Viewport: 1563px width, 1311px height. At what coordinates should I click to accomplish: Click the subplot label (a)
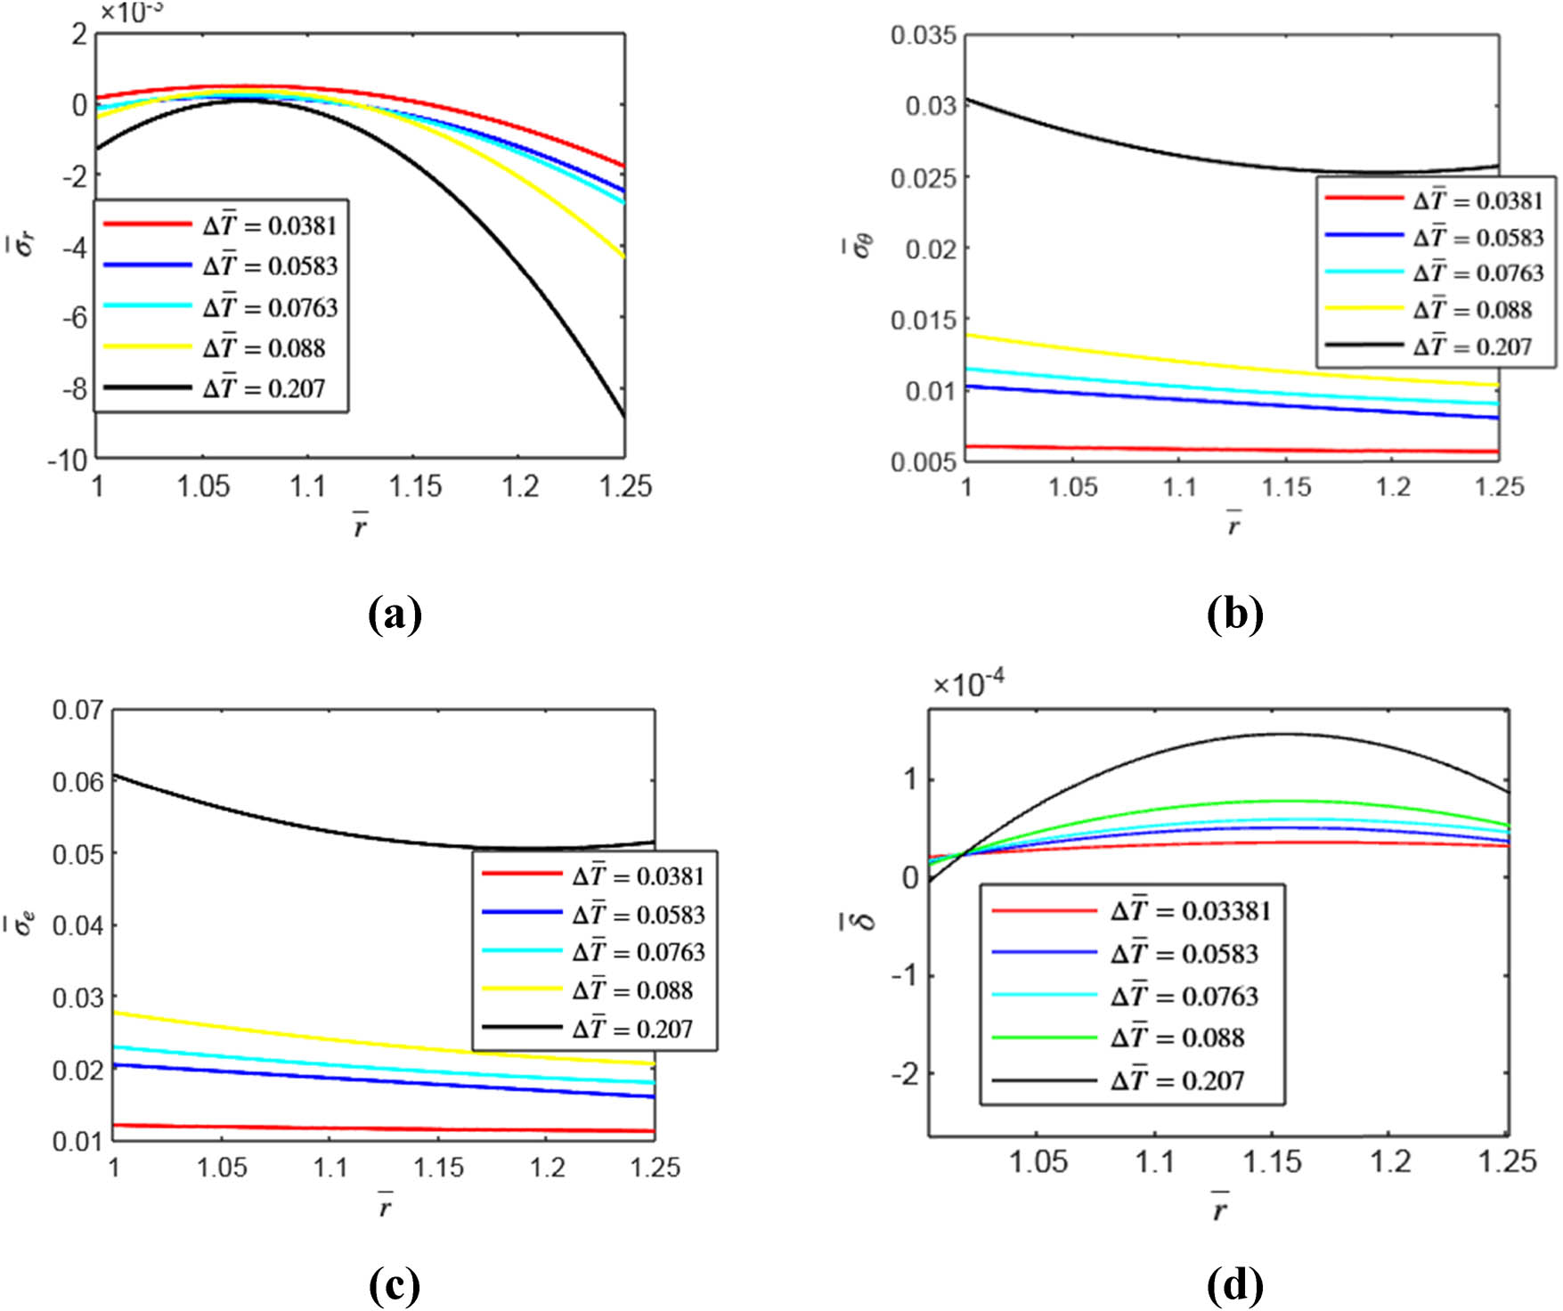click(x=394, y=615)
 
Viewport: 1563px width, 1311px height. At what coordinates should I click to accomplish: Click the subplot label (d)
click(x=1234, y=1284)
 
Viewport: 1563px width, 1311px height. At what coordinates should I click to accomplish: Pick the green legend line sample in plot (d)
click(x=1044, y=1038)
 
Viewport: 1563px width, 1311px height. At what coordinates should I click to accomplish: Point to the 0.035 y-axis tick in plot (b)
click(x=924, y=36)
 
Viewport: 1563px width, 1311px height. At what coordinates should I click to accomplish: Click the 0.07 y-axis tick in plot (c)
click(x=77, y=710)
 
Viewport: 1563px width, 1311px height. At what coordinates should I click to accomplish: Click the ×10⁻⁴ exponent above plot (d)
click(x=968, y=684)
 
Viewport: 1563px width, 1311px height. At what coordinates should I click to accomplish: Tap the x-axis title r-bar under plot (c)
click(x=384, y=1205)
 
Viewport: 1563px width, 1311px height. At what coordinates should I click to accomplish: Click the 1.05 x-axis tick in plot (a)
click(x=203, y=486)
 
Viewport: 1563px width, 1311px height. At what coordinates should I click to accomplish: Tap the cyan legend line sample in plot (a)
click(x=147, y=305)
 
